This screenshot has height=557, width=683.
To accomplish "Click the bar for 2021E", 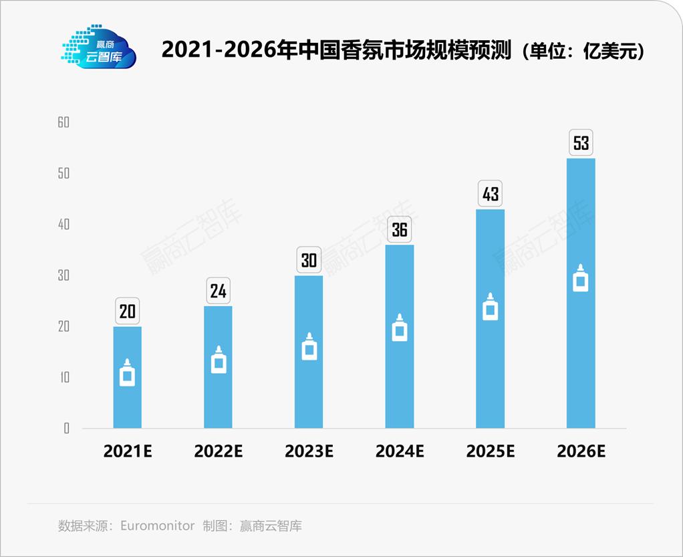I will [127, 401].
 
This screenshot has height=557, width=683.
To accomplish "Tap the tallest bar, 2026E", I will [581, 334].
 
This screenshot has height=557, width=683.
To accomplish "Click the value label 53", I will [581, 143].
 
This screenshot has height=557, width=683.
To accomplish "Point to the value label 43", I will [491, 194].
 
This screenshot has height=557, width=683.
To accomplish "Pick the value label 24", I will [218, 291].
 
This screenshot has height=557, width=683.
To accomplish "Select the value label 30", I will [309, 260].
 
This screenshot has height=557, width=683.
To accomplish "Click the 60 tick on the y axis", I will [63, 122].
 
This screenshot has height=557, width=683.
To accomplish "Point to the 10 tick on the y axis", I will [63, 377].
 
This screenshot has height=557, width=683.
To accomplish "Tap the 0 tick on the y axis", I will [66, 429].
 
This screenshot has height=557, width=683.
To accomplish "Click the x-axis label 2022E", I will [218, 451].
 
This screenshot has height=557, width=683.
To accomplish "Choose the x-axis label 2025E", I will [491, 451].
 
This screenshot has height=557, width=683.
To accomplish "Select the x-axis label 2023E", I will [309, 451].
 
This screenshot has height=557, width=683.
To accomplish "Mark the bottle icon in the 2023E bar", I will [309, 347].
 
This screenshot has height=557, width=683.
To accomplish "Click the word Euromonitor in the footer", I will [158, 526].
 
